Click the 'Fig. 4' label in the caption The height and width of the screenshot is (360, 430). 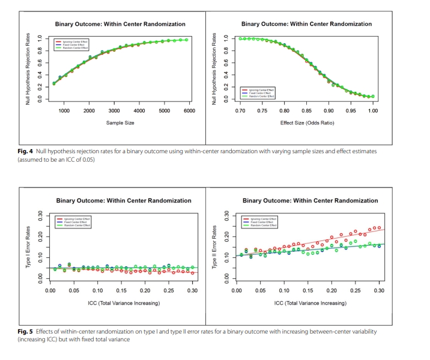(x=26, y=151)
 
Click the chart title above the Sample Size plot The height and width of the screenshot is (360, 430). (x=120, y=24)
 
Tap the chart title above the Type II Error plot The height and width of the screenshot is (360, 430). (x=306, y=200)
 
